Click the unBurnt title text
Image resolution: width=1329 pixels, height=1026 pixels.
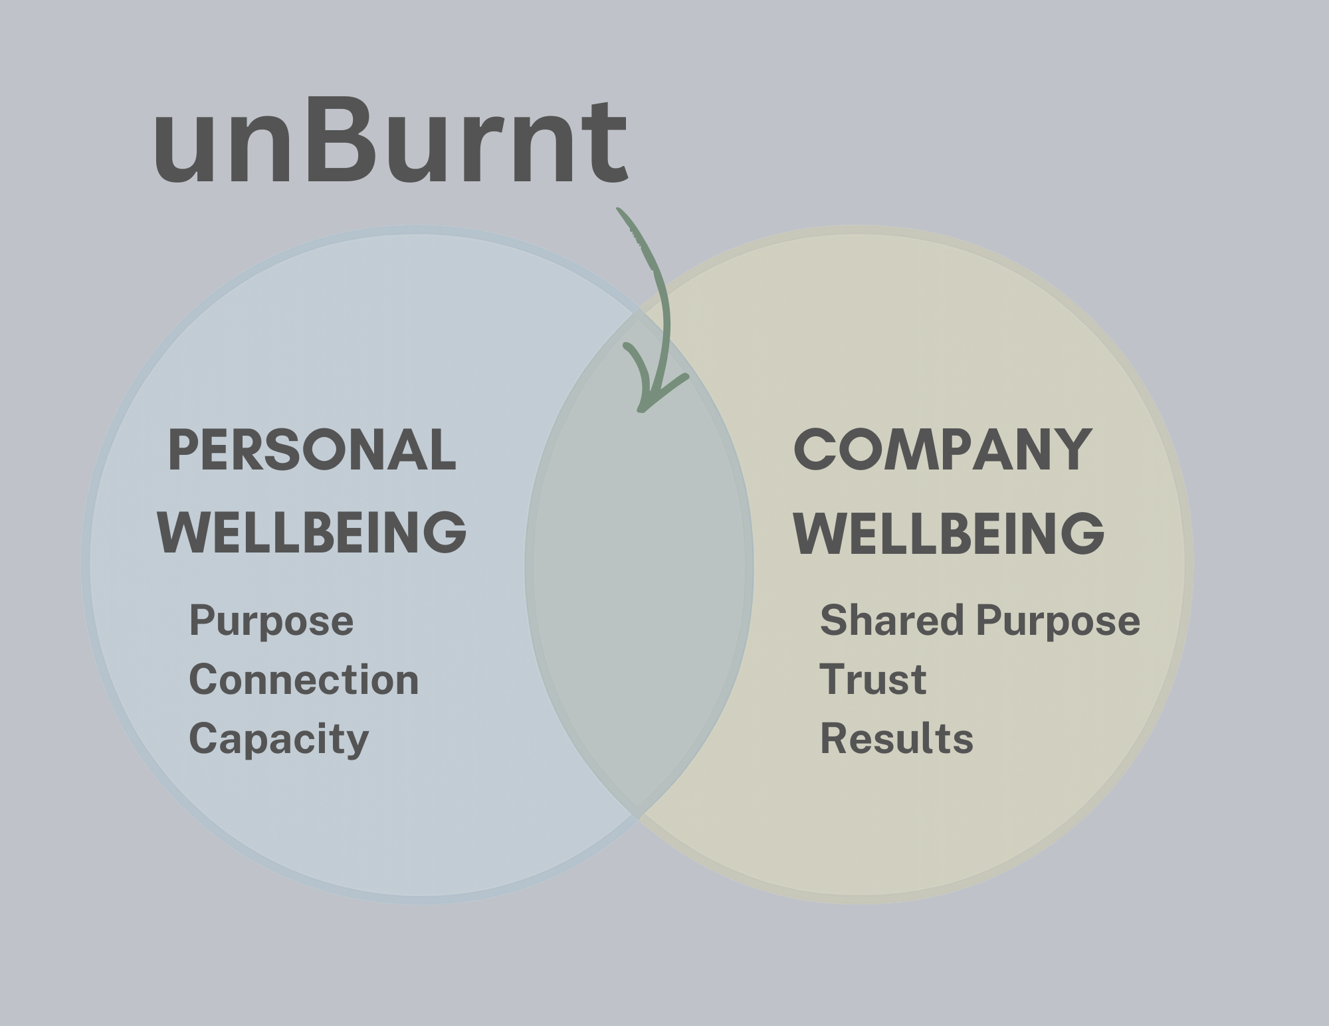pyautogui.click(x=391, y=141)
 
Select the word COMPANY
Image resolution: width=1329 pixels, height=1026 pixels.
pyautogui.click(x=943, y=450)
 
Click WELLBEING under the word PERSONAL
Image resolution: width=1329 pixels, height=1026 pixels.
pyautogui.click(x=312, y=533)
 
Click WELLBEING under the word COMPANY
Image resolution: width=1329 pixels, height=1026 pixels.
pyautogui.click(x=949, y=533)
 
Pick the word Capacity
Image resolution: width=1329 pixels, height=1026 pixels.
pyautogui.click(x=278, y=738)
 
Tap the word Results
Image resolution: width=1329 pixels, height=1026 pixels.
pyautogui.click(x=896, y=738)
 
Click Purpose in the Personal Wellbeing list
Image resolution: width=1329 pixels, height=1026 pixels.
pyautogui.click(x=271, y=622)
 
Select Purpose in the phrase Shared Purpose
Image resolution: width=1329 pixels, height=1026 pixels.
pyautogui.click(x=1058, y=622)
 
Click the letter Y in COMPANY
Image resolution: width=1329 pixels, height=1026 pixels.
pyautogui.click(x=1071, y=450)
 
